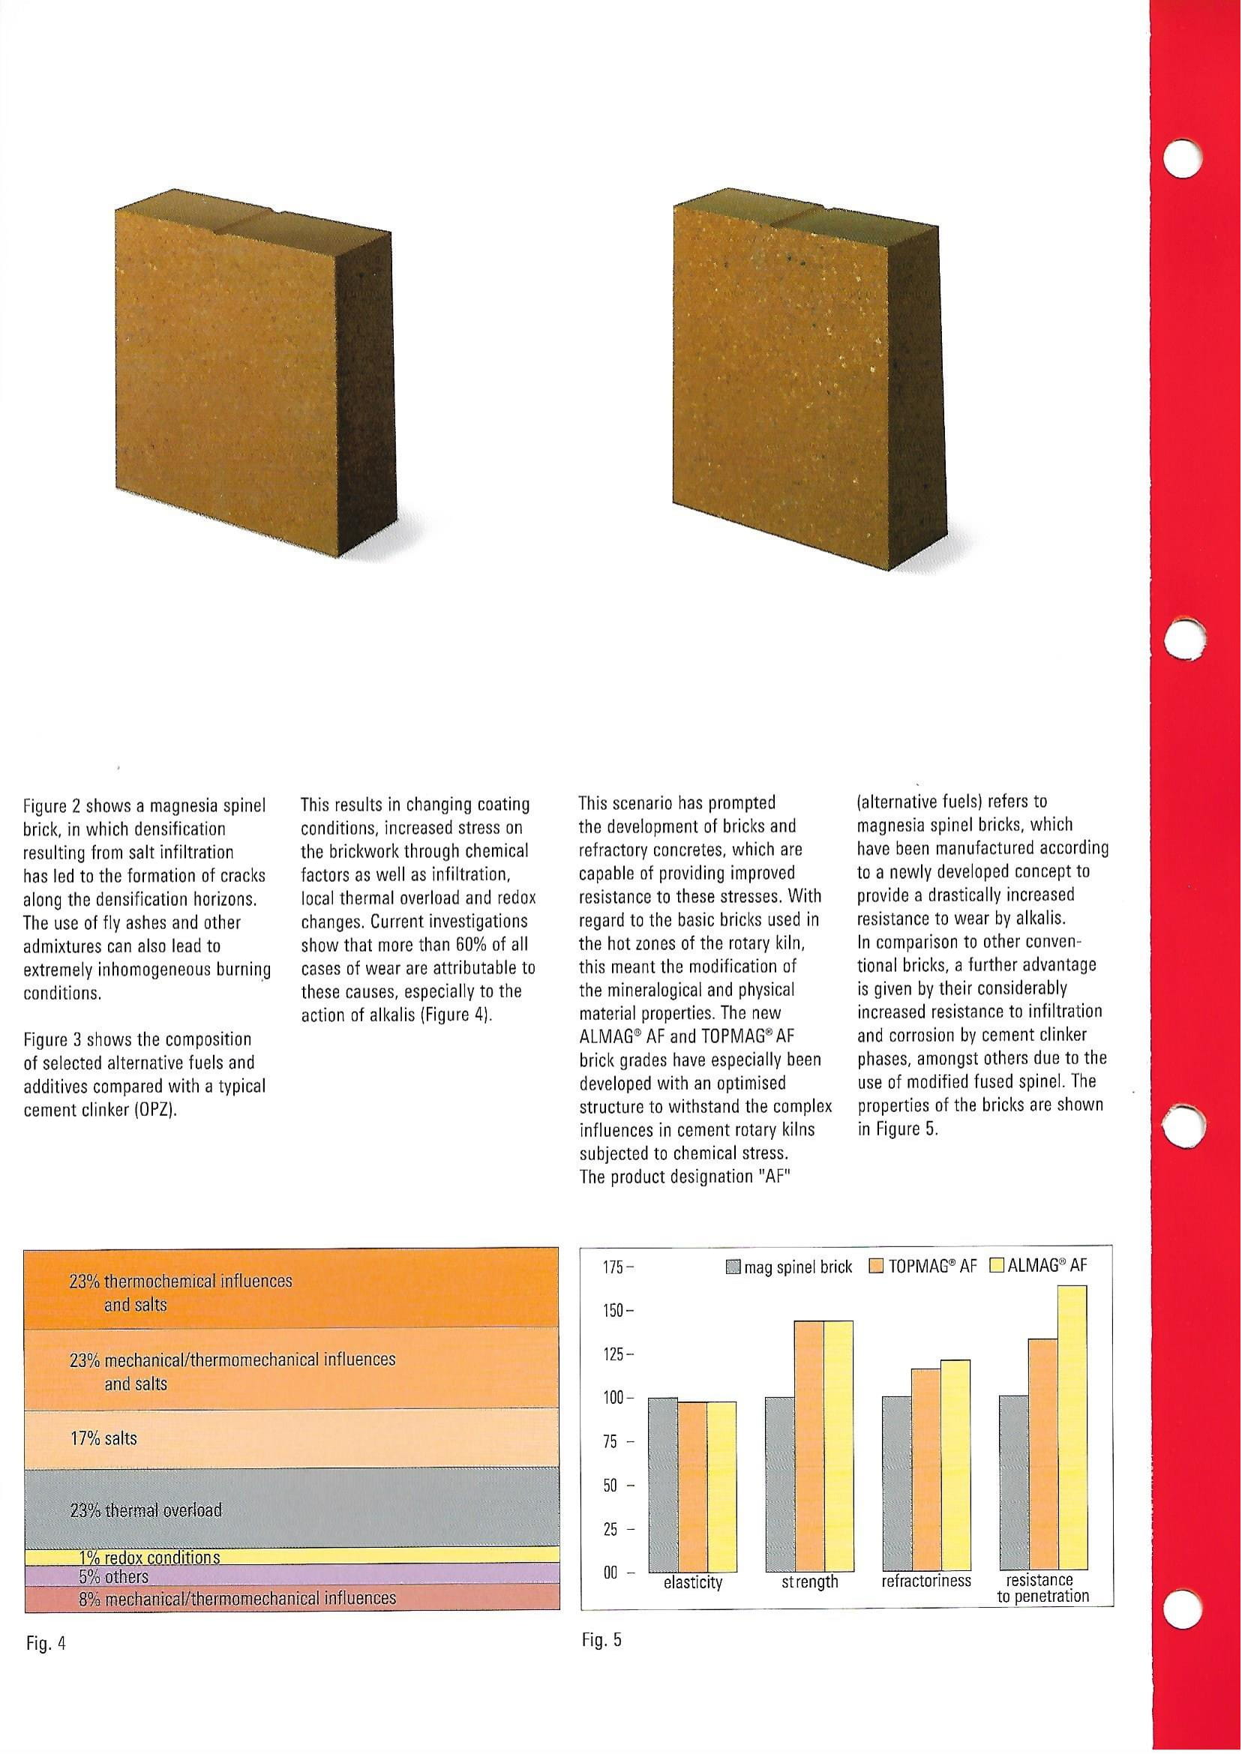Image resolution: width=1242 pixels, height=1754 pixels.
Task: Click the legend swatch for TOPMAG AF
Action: pyautogui.click(x=876, y=1267)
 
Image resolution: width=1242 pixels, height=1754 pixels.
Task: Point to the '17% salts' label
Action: pyautogui.click(x=103, y=1438)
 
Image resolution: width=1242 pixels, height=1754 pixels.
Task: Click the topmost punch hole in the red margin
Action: pyautogui.click(x=1181, y=158)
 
